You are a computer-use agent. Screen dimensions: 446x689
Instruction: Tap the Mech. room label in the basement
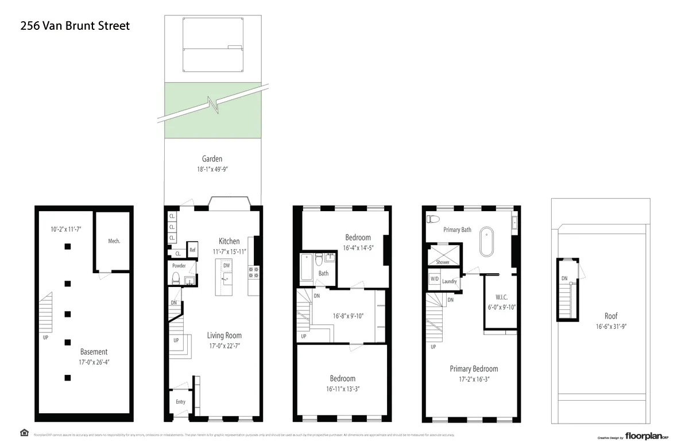114,241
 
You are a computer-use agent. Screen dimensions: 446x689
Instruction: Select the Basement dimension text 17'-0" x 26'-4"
94,362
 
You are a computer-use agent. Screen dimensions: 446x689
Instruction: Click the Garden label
212,159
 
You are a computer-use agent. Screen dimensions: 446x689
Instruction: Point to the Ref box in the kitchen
193,250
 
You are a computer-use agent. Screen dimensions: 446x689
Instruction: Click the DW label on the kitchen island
226,266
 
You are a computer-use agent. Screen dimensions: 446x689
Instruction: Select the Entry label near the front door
180,402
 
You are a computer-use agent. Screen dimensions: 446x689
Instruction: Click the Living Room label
224,335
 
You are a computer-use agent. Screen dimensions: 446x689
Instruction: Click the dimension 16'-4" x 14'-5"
358,248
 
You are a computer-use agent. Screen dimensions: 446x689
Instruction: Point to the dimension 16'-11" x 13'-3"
342,389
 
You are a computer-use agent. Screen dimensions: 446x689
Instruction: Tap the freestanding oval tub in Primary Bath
486,241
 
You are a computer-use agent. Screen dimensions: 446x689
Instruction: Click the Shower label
443,262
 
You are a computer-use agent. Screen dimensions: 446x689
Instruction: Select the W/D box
434,279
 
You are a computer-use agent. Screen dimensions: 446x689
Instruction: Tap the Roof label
611,316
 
